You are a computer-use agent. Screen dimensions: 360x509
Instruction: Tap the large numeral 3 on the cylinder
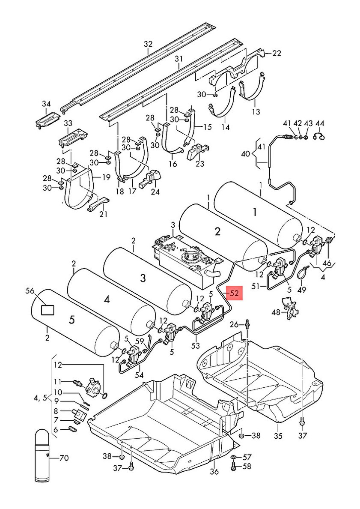point(143,278)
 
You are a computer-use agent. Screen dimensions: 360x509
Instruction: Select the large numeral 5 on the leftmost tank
point(71,320)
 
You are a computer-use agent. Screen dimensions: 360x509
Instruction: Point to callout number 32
point(148,44)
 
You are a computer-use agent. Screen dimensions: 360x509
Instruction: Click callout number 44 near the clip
point(320,123)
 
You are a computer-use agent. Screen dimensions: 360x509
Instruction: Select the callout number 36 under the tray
point(214,471)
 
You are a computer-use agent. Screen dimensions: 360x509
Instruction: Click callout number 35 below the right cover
point(278,435)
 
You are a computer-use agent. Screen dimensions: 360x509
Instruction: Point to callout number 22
point(277,53)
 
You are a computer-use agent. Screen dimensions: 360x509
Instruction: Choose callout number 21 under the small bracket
point(104,214)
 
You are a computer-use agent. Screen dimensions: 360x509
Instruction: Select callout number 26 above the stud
point(234,324)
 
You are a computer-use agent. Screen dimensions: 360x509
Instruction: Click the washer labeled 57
point(234,458)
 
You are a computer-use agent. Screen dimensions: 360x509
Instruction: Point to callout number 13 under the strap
point(256,112)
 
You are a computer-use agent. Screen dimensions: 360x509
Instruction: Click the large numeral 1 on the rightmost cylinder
point(255,213)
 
